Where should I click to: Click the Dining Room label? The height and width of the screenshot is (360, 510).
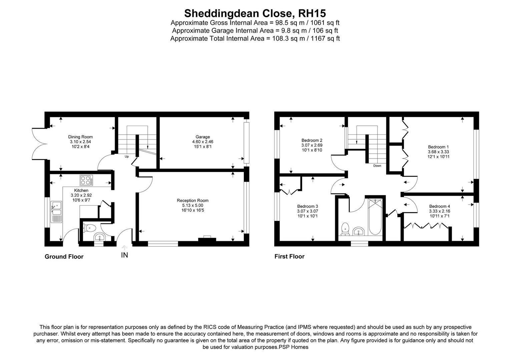(80, 137)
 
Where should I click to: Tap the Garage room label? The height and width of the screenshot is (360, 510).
(203, 137)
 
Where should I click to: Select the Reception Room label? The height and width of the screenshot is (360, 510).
(192, 200)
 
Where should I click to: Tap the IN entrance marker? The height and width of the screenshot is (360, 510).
(124, 255)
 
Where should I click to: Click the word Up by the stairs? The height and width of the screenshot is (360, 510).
(127, 156)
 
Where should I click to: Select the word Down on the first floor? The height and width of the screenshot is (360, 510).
(377, 166)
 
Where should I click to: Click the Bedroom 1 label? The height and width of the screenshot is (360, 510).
(439, 147)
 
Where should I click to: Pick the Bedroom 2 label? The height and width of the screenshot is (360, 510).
(312, 140)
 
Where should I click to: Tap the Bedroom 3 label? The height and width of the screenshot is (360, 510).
(308, 206)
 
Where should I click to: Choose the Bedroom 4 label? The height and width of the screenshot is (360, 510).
(440, 206)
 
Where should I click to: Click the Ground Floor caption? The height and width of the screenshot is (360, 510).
(64, 257)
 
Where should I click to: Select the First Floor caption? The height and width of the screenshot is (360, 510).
(289, 256)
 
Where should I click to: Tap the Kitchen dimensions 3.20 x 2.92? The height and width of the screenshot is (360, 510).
(80, 195)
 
